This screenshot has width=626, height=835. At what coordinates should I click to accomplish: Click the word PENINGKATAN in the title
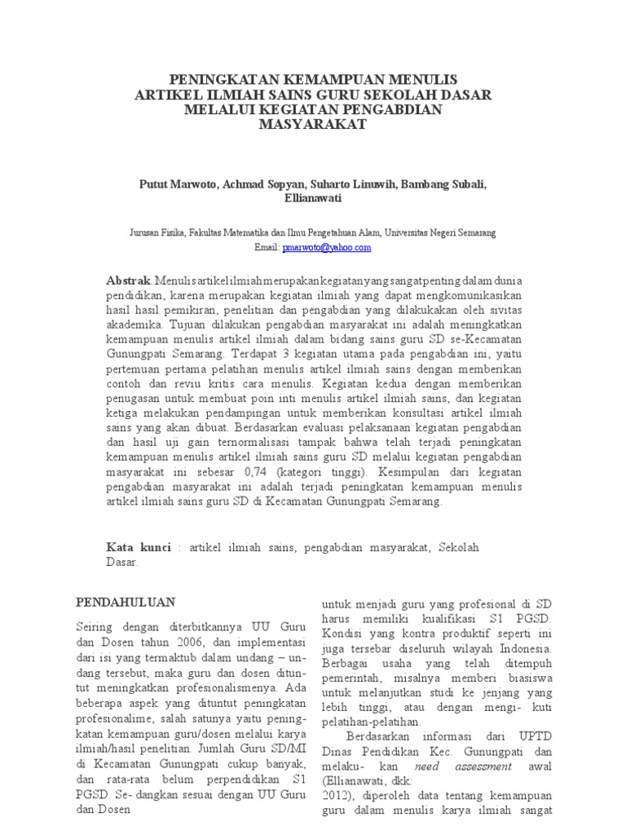[x=222, y=80]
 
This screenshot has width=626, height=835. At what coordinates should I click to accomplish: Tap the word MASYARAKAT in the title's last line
[x=313, y=125]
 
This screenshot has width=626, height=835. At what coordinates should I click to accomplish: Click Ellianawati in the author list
[x=313, y=198]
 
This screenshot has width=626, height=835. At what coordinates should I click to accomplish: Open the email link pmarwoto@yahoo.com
[x=326, y=246]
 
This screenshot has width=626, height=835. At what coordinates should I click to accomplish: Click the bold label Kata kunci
[x=139, y=547]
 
